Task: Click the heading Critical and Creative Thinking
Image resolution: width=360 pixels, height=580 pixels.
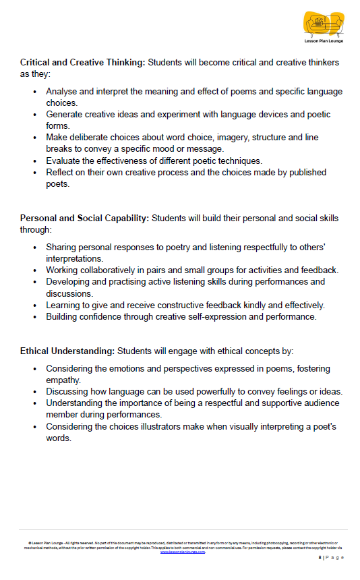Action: tap(82, 63)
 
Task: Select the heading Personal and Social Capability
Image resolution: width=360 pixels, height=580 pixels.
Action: tap(85, 218)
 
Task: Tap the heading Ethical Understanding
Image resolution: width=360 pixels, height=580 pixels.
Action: tap(67, 351)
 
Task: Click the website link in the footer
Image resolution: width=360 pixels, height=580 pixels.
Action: tap(182, 552)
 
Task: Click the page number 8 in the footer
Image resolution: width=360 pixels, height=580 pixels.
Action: tap(320, 558)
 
